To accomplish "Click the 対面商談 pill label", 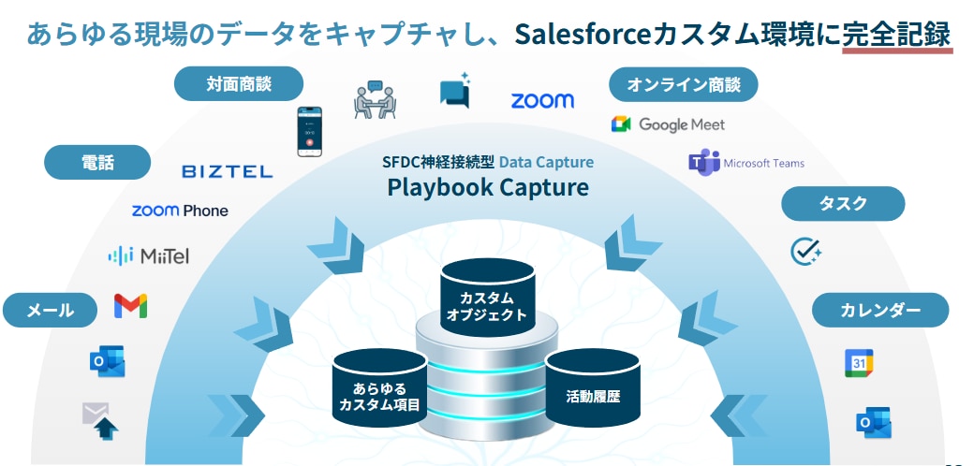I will (239, 84).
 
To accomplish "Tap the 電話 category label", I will (97, 163).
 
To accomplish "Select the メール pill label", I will (51, 309).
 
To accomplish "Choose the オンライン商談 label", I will (684, 85).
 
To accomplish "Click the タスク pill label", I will (843, 203).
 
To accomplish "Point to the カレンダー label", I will (879, 310).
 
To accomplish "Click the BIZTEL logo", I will (228, 171).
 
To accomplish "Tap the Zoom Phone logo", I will (180, 211).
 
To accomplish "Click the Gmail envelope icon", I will (130, 306).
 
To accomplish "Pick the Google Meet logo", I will (668, 124).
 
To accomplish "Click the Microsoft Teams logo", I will (746, 163).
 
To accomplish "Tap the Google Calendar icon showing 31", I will (859, 363).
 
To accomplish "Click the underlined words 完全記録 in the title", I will (896, 35).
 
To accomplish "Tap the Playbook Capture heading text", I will (488, 187).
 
